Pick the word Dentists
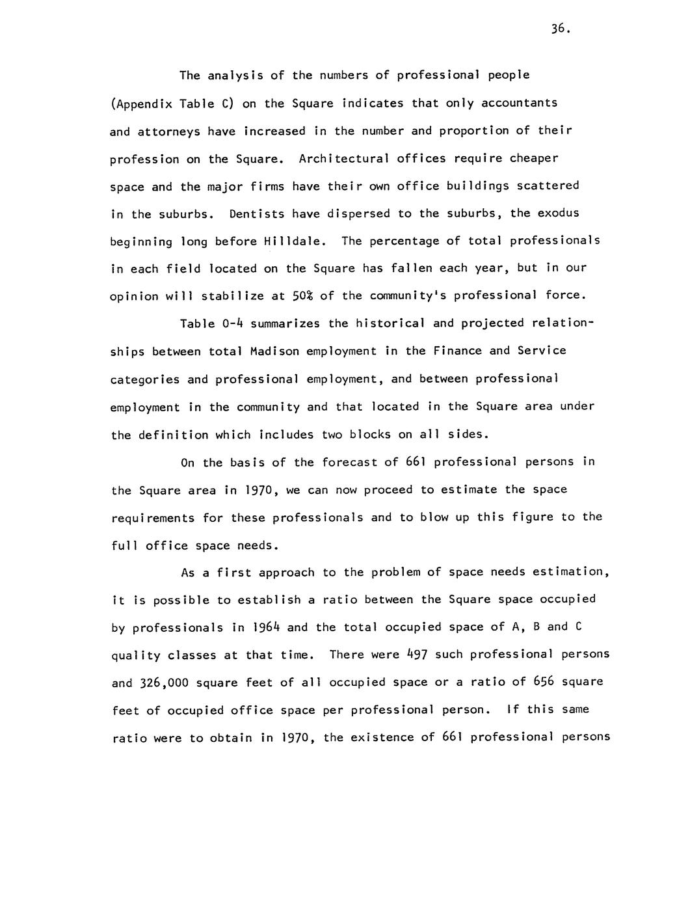tap(257, 213)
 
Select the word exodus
tap(554, 213)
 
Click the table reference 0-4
tap(232, 323)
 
